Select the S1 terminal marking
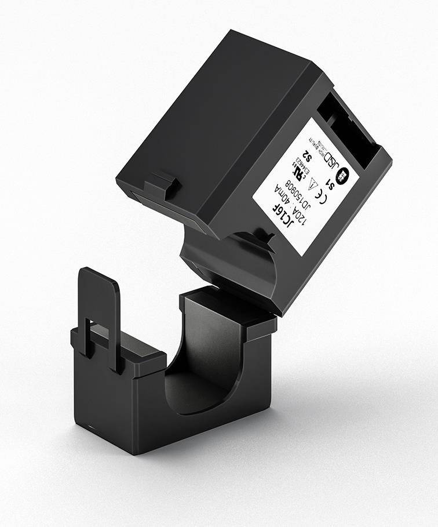click(x=331, y=183)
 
